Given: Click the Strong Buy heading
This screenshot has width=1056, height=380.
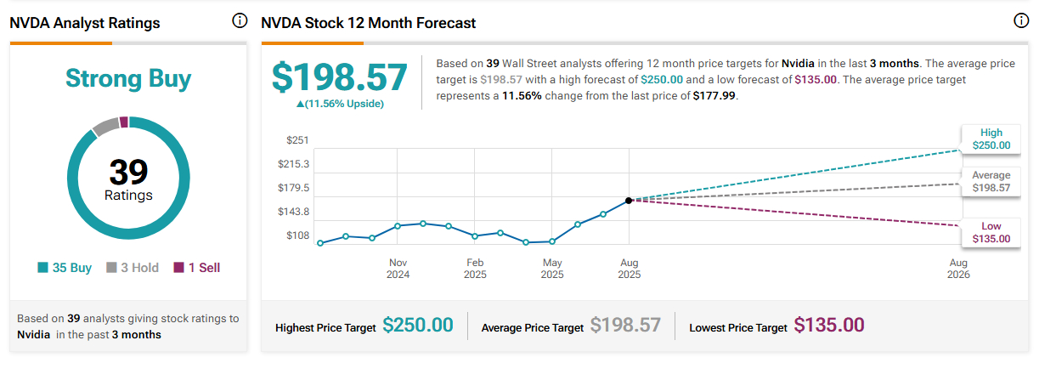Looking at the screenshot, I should tap(128, 79).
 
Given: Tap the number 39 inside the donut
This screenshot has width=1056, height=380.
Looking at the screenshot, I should tap(128, 173).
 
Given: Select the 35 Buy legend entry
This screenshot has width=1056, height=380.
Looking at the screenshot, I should tap(65, 268).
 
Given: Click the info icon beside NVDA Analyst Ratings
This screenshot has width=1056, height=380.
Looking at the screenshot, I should tap(240, 21).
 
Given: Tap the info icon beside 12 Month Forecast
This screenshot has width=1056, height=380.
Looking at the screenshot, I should tap(1021, 21).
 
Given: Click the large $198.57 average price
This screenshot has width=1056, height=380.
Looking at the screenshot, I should tap(339, 77).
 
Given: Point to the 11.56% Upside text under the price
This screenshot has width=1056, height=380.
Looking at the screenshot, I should tap(340, 104).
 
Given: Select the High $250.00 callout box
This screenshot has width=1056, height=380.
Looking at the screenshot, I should tap(991, 139).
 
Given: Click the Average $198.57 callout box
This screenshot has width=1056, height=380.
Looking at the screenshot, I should tap(991, 181).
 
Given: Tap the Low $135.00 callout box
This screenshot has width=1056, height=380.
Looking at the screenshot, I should tap(991, 232).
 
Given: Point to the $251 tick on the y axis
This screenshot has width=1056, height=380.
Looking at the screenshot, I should tap(296, 140).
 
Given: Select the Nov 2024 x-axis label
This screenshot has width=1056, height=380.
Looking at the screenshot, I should tap(398, 269).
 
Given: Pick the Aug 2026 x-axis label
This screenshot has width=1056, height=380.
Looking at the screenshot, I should tap(957, 269).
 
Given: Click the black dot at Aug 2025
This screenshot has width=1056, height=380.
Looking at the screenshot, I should tap(629, 201).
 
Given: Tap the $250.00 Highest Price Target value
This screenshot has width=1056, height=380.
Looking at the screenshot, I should tap(417, 325).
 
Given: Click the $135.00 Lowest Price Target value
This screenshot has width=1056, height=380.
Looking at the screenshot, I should tap(828, 325).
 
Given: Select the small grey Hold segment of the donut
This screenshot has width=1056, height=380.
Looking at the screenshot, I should tap(105, 128).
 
